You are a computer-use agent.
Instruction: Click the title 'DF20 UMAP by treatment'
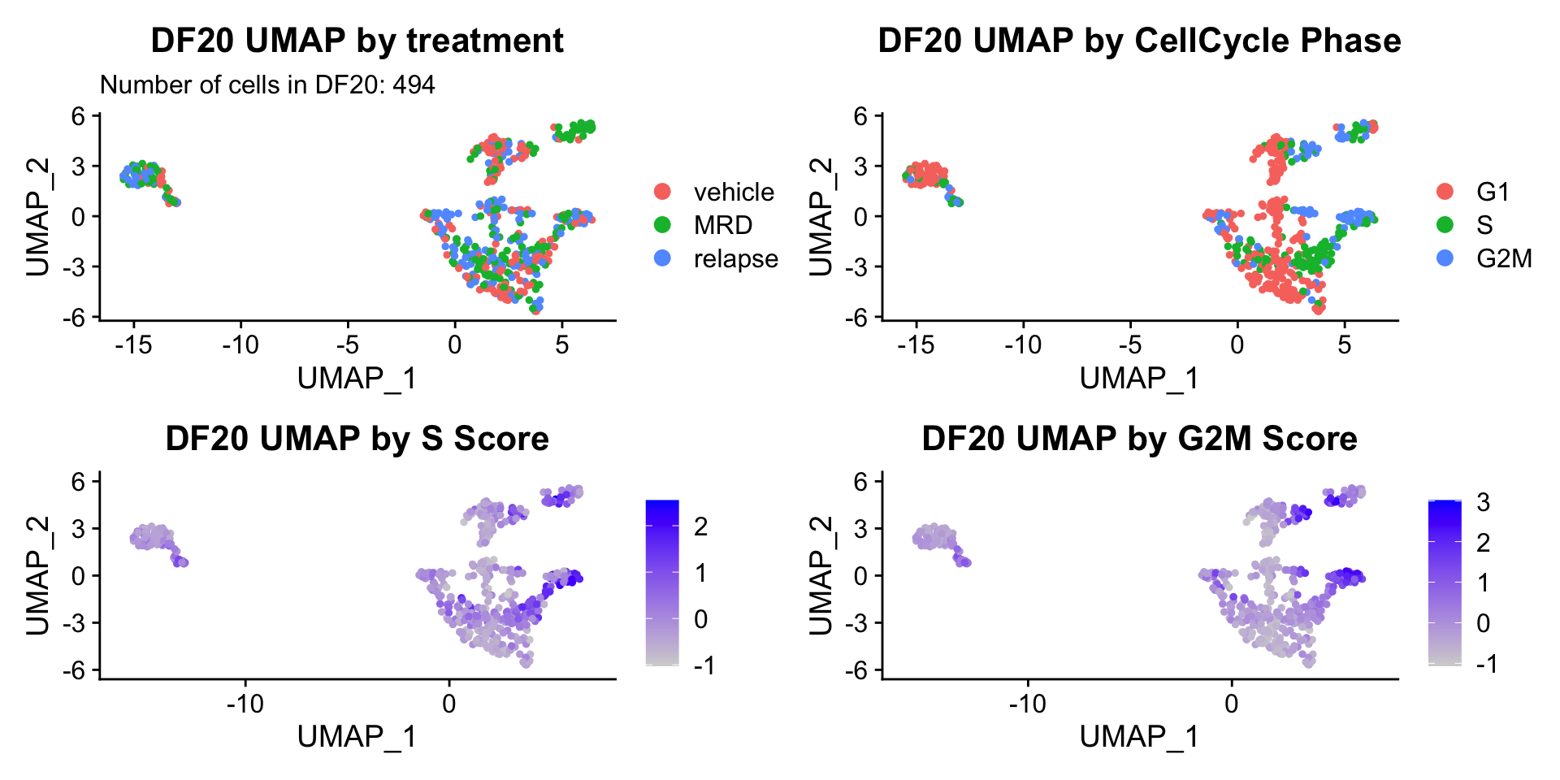tap(357, 41)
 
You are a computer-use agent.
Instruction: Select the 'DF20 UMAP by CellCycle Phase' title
tap(1139, 41)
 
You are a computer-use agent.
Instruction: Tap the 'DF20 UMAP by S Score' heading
tap(357, 439)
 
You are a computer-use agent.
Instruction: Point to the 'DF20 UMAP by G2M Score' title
tap(1139, 439)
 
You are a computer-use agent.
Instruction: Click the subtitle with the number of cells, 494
tap(267, 84)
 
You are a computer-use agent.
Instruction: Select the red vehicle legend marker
tap(662, 192)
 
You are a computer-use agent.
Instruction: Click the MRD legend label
tap(722, 225)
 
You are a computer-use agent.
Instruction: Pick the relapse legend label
tap(735, 258)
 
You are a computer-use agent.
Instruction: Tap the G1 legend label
tap(1493, 192)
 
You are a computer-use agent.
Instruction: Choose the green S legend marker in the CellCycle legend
tap(1445, 225)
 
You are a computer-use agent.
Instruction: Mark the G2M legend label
tap(1504, 258)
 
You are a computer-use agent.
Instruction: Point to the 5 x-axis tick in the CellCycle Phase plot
tap(1344, 344)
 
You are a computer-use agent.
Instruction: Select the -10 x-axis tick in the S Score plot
tap(245, 703)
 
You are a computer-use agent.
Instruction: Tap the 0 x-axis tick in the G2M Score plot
tap(1231, 703)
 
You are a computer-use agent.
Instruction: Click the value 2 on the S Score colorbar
tap(700, 526)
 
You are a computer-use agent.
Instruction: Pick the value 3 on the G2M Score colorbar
tap(1483, 503)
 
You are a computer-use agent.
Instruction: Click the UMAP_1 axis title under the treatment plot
tap(357, 378)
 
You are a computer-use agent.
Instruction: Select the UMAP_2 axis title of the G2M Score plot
tap(821, 575)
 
